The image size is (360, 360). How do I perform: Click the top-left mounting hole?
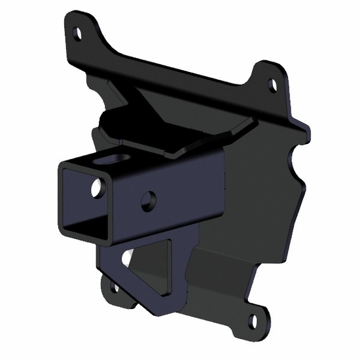78,31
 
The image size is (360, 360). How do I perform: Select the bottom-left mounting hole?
116,286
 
